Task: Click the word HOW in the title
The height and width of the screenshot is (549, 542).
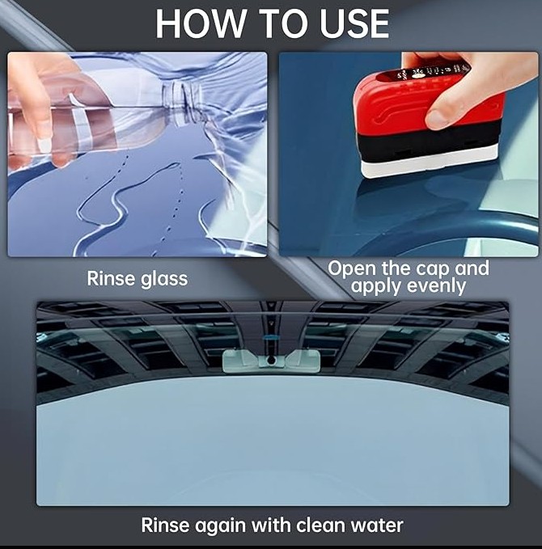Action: tap(193, 23)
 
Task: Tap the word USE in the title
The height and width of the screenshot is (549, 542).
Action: tap(348, 23)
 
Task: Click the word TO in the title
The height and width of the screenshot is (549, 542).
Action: tap(269, 23)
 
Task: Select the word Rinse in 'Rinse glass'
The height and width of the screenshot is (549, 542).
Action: tap(111, 279)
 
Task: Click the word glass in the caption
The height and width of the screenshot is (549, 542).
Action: tap(163, 280)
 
